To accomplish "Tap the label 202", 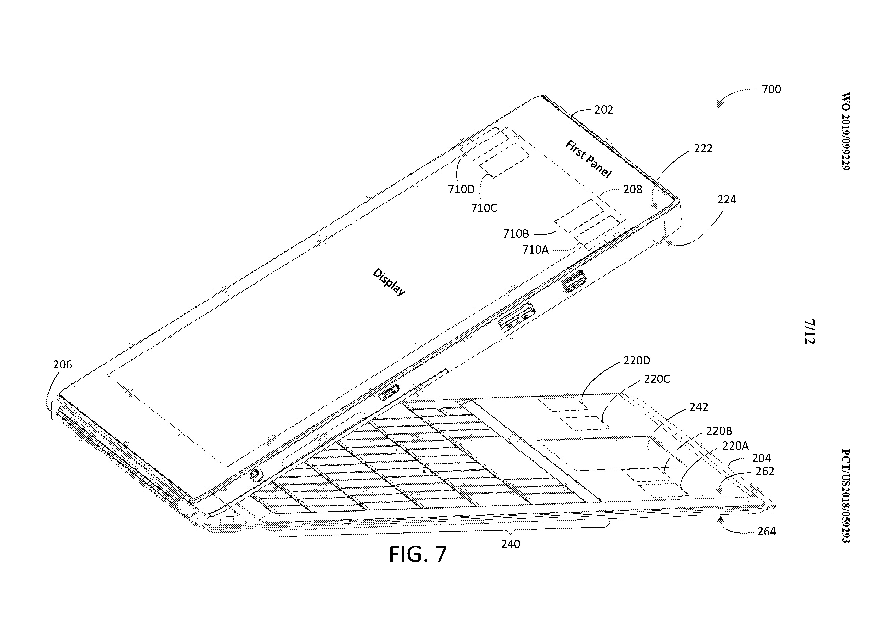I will coord(604,110).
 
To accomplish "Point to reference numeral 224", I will coord(727,200).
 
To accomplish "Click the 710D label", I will coord(461,189).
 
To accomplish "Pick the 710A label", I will coord(535,249).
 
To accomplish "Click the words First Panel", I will coord(588,159).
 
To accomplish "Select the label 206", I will coord(62,365).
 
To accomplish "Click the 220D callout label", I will coord(637,361).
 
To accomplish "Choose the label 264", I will coord(766,531).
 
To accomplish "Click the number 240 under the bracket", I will coord(511,544).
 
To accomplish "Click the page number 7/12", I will coord(810,332).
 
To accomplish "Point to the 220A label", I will coord(735,445).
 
